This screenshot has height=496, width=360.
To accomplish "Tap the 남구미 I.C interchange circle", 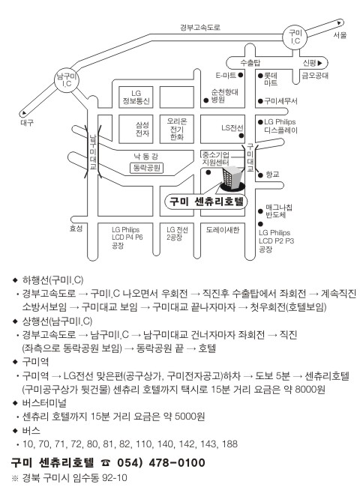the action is point(67,80).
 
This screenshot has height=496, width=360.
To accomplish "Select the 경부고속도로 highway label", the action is point(199,28).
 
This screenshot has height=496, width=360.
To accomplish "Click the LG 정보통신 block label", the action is point(136,97).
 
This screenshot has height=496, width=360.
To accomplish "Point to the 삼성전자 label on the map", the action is point(142,129).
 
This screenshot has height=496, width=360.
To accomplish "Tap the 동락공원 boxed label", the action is point(146,168).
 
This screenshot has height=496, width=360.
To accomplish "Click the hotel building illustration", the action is point(232,179).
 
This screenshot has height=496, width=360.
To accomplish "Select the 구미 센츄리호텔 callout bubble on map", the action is point(206,202).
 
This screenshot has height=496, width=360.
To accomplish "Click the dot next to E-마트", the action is point(240,75).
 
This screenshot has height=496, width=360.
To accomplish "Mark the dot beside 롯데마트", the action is point(260,76).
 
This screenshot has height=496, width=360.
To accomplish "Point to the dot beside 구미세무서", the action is point(260,101).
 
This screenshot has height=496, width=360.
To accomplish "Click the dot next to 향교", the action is point(260,175).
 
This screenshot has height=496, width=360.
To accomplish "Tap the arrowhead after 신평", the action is point(319,63).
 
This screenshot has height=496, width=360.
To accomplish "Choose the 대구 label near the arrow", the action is point(27,123).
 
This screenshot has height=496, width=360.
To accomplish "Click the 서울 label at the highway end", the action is point(340,35).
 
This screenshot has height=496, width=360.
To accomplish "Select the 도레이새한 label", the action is point(223,230).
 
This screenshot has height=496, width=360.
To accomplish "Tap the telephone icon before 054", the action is point(106,464).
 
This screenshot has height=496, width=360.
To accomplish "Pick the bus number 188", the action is point(229,444).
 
